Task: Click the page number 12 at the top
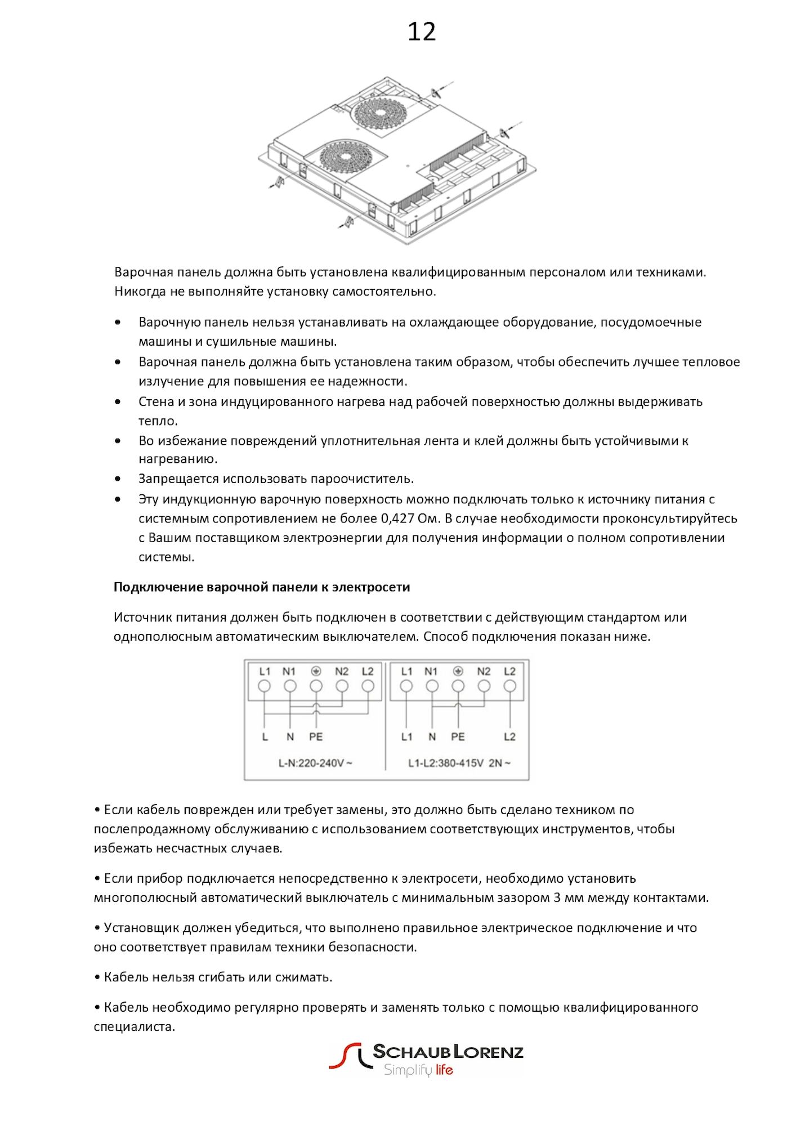click(x=422, y=32)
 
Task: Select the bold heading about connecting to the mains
click(x=262, y=587)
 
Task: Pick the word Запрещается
click(x=178, y=479)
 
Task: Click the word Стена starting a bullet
click(x=156, y=402)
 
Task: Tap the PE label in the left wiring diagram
click(x=316, y=737)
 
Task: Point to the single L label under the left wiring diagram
click(x=265, y=737)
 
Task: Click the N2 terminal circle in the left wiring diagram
click(x=342, y=686)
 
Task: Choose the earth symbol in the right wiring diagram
click(x=458, y=671)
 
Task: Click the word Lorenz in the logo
click(x=488, y=1052)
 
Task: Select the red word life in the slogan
click(x=444, y=1070)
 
